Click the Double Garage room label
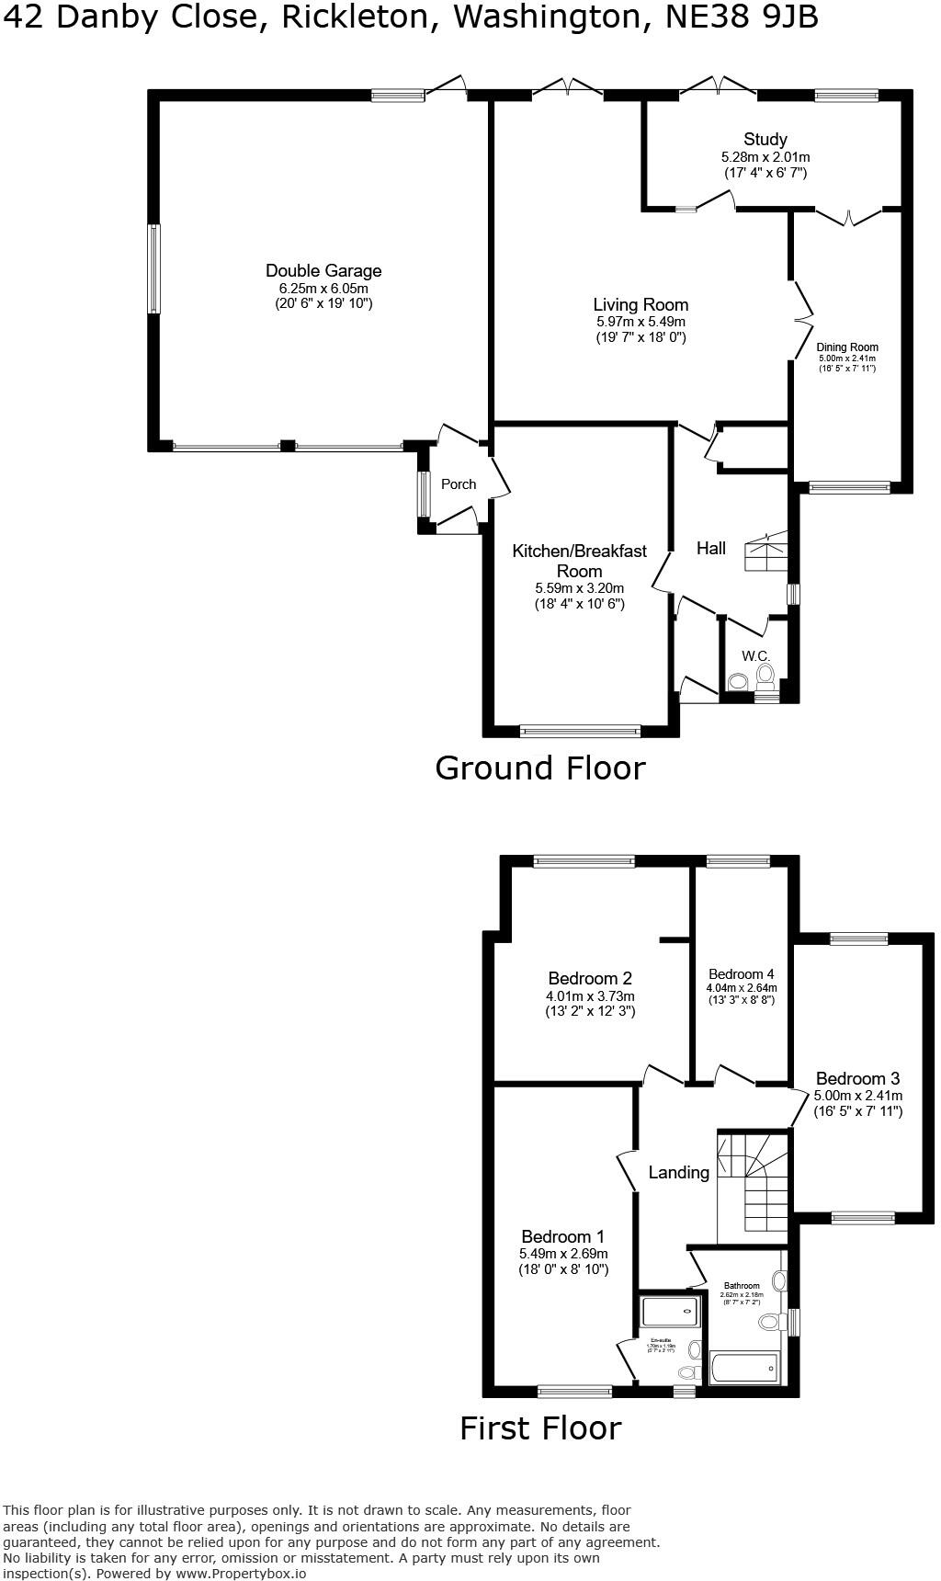323,270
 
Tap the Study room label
765,140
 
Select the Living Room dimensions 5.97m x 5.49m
641,322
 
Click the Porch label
459,484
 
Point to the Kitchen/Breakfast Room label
579,560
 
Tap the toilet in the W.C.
765,677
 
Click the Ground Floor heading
539,768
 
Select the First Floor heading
540,1427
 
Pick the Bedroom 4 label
742,974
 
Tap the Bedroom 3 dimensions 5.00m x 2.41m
857,1096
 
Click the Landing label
678,1172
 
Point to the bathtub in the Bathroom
744,1369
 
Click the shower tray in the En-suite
669,1311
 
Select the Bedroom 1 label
562,1236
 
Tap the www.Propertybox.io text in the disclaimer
241,1573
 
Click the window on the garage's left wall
154,268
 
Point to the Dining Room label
847,347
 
